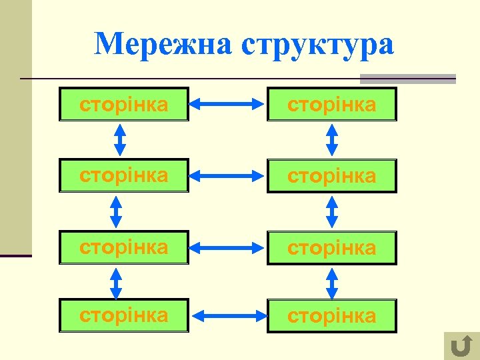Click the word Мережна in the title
(163, 44)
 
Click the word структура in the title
(318, 44)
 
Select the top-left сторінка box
(124, 104)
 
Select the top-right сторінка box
(331, 104)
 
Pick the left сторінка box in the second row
(124, 176)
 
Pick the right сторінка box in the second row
(331, 176)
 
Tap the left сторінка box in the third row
(124, 247)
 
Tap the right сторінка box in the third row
(331, 247)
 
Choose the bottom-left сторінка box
(124, 315)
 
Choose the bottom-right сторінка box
(331, 315)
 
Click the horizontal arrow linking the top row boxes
(228, 103)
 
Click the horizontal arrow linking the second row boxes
(228, 175)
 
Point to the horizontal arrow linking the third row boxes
(228, 247)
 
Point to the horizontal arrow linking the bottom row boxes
(228, 315)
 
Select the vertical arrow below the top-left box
(120, 140)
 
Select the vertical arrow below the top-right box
(331, 140)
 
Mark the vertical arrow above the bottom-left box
(116, 283)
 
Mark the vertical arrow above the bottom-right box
(331, 283)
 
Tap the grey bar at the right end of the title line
(407, 79)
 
